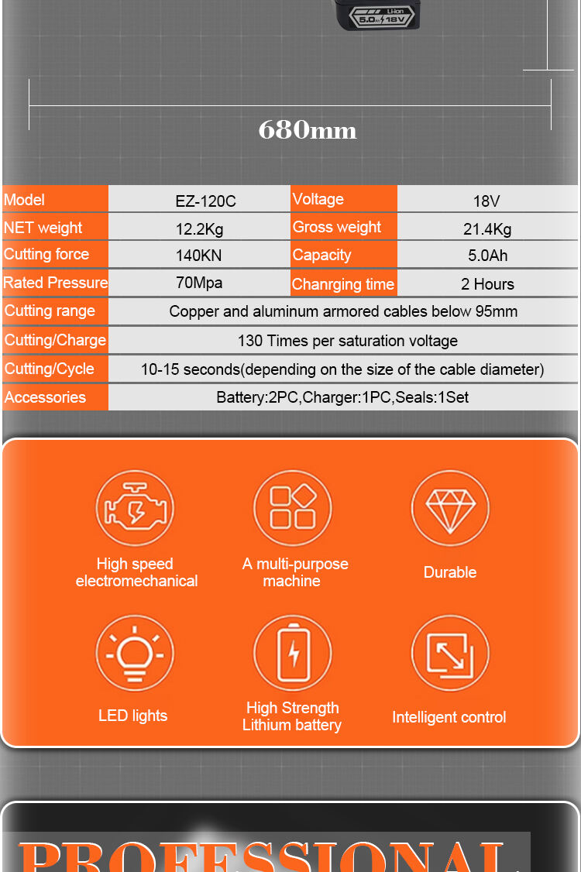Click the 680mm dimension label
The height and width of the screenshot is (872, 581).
tap(308, 129)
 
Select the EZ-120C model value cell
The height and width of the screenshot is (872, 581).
tap(205, 201)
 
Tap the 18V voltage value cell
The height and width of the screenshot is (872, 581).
tap(486, 201)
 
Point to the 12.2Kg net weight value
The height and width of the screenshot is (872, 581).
tap(199, 229)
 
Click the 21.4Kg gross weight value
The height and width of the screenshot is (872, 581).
tap(487, 229)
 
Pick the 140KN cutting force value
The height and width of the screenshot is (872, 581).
tap(198, 256)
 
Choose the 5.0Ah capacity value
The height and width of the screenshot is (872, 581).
tap(488, 256)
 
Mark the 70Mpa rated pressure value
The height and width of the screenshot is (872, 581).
tap(199, 283)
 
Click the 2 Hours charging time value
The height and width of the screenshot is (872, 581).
tap(487, 284)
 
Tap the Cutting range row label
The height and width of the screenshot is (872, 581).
tap(50, 311)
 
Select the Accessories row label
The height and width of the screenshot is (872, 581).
tap(45, 397)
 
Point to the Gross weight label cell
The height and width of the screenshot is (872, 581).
tap(338, 228)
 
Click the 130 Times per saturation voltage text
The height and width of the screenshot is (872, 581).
tap(347, 341)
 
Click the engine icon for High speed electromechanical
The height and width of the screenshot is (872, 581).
tap(135, 510)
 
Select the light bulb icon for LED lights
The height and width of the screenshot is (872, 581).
tap(135, 654)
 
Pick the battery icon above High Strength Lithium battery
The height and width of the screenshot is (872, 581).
tap(293, 654)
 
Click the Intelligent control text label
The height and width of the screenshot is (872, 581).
tap(449, 717)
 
